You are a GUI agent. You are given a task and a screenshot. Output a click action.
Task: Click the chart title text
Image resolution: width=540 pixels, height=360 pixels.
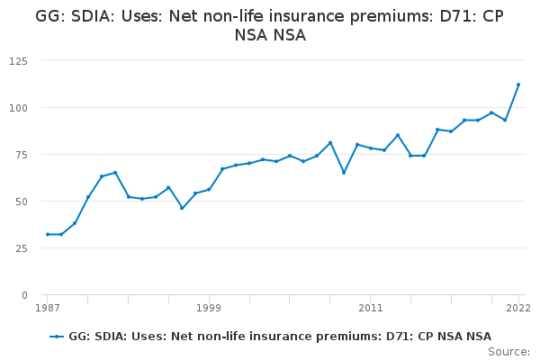[x=270, y=25]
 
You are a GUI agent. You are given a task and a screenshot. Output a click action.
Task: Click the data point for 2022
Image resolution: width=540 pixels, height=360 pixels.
[x=518, y=85]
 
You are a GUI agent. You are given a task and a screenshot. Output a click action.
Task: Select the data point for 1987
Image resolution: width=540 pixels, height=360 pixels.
[x=48, y=234]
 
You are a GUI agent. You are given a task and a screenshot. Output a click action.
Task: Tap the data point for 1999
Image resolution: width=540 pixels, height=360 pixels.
[x=209, y=190]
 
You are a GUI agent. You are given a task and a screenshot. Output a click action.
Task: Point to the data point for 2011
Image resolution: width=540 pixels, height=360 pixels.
[x=371, y=148]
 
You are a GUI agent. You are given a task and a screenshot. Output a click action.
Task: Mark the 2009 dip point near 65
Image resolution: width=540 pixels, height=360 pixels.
[x=344, y=173]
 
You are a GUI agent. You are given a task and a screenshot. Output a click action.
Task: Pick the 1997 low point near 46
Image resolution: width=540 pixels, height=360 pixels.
[x=182, y=208]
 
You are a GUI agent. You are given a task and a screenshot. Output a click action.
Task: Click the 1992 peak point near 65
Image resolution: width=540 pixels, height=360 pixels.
[x=115, y=173]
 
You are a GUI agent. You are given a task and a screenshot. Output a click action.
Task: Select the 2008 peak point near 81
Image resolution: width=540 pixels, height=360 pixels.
[x=330, y=142]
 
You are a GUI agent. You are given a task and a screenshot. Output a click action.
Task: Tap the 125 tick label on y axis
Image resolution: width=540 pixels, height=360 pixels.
[x=18, y=61]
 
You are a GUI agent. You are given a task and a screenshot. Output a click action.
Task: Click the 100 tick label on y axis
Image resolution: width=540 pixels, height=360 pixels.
[x=18, y=108]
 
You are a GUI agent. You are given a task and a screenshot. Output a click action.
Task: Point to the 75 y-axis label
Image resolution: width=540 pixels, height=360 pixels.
[x=22, y=155]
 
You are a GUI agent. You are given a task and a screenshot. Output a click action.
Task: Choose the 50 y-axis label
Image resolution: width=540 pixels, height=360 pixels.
[x=22, y=202]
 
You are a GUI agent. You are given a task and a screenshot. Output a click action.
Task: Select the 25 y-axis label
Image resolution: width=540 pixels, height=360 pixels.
[x=22, y=248]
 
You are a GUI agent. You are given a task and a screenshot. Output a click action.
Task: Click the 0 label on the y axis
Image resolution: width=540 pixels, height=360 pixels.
[x=24, y=295]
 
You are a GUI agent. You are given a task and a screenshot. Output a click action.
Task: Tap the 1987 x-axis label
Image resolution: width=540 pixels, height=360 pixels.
[x=48, y=308]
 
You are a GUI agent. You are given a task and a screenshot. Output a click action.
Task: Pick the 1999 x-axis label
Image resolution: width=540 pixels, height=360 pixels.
[x=209, y=308]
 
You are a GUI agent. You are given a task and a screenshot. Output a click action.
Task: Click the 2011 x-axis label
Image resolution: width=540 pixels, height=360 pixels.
[x=371, y=308]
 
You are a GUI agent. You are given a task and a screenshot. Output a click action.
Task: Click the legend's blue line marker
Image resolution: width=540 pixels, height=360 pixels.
[x=57, y=337]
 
